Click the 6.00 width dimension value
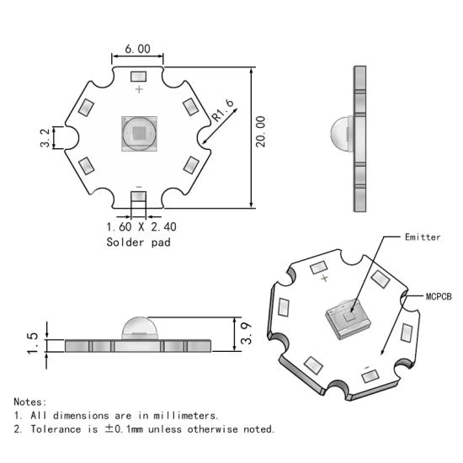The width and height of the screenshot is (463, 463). pyautogui.click(x=137, y=49)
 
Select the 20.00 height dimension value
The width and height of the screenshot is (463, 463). pyautogui.click(x=261, y=131)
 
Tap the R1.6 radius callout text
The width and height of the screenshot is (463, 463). pyautogui.click(x=222, y=110)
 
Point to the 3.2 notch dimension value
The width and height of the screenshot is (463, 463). pyautogui.click(x=45, y=138)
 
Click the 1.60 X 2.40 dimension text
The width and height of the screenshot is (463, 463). pyautogui.click(x=141, y=226)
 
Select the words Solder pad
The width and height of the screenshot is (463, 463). pyautogui.click(x=139, y=242)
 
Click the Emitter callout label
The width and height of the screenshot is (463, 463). pyautogui.click(x=423, y=237)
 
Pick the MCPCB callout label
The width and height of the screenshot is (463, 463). pyautogui.click(x=439, y=296)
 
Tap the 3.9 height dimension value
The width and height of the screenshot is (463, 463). pyautogui.click(x=247, y=333)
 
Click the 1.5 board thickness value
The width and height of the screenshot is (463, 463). pyautogui.click(x=33, y=343)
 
